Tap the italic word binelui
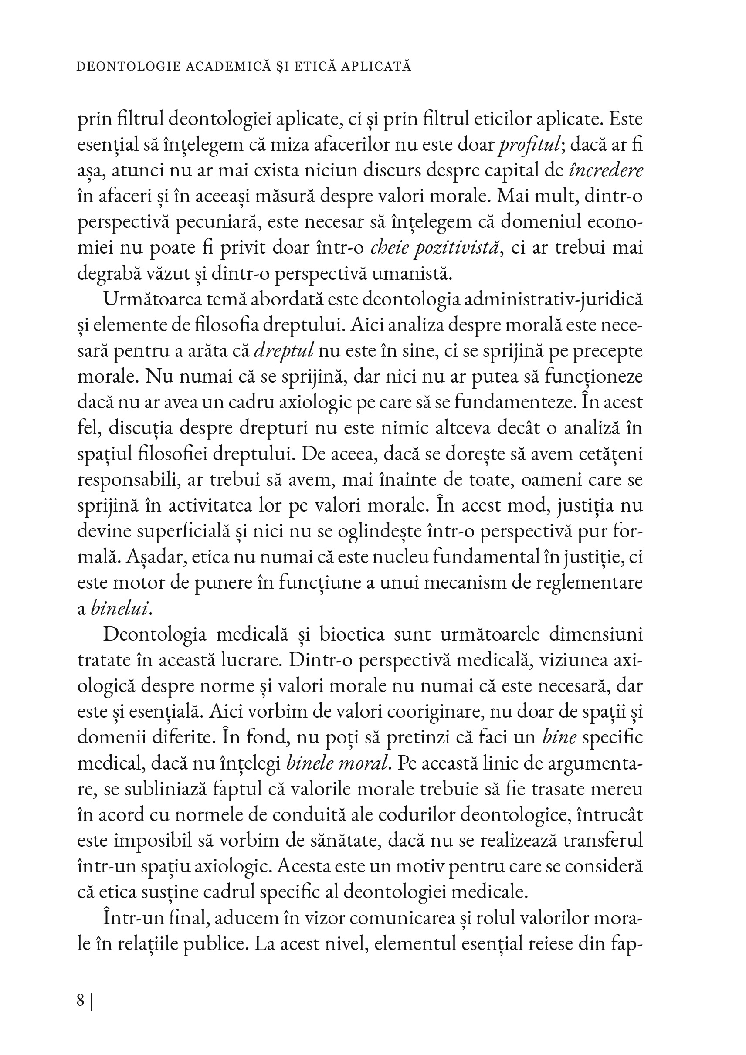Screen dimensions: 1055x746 (x=121, y=609)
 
